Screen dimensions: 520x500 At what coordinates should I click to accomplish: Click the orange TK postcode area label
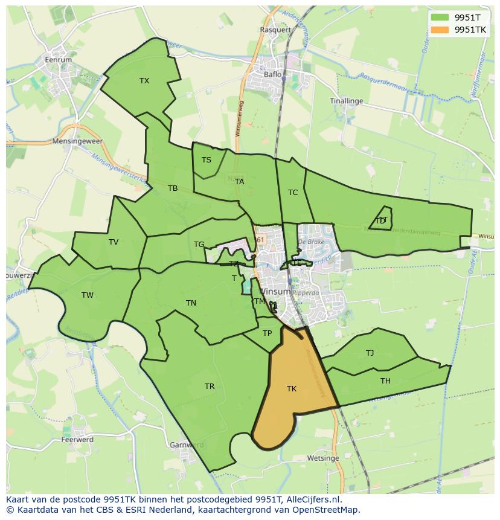[x=292, y=389]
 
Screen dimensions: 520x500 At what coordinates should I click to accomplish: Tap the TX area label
[x=144, y=81]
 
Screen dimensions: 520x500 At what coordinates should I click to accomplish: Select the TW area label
[x=88, y=295]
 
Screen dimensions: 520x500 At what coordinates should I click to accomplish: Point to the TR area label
[x=210, y=387]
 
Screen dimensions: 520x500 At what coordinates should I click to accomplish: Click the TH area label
[x=385, y=380]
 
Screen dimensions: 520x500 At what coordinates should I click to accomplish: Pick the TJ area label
[x=370, y=353]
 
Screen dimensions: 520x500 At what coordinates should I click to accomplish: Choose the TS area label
[x=207, y=160]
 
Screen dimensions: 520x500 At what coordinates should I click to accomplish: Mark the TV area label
[x=114, y=242]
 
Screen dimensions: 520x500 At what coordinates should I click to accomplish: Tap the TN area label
[x=191, y=303]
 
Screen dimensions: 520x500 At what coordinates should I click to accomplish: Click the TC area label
[x=293, y=193]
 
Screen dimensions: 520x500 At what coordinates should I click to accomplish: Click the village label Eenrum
[x=59, y=60]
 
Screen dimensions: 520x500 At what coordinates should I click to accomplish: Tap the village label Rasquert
[x=275, y=29]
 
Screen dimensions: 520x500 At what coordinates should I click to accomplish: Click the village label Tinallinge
[x=347, y=101]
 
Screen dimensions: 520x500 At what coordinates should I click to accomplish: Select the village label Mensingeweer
[x=78, y=141]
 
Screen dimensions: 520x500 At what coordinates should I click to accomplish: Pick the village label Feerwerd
[x=77, y=440]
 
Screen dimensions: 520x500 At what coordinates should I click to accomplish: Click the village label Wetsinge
[x=322, y=458]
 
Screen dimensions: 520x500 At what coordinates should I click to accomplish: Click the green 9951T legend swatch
[x=440, y=18]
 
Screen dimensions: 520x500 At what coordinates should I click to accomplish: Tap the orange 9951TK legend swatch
[x=440, y=29]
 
